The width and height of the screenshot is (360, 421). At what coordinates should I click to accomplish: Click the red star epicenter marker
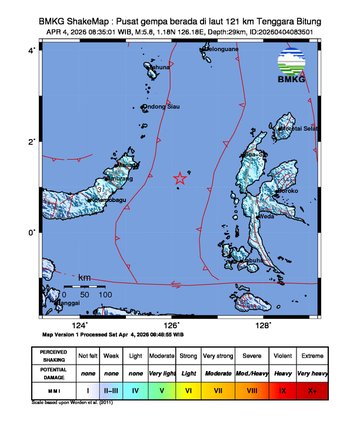click(180, 178)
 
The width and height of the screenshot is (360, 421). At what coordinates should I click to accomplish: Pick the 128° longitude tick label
click(264, 325)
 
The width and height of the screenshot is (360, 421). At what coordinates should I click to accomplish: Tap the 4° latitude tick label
click(31, 49)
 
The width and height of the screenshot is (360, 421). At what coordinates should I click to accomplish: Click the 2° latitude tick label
click(31, 141)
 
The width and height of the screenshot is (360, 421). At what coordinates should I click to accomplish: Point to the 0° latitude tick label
click(31, 233)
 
